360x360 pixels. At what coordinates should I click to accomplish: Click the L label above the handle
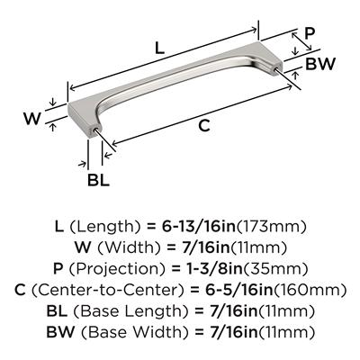[x=159, y=48]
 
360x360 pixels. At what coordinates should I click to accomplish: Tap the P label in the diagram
[x=310, y=33]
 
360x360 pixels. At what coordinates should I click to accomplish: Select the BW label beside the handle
[x=319, y=64]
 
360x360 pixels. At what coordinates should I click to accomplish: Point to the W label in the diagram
[x=32, y=119]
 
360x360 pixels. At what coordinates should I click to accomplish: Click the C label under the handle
[x=204, y=125]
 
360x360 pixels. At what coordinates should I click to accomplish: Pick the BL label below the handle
[x=98, y=180]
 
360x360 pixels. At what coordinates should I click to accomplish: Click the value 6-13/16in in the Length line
[x=199, y=227]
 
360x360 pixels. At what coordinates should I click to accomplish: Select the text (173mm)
[x=272, y=227]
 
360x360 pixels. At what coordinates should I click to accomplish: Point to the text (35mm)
[x=275, y=269]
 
